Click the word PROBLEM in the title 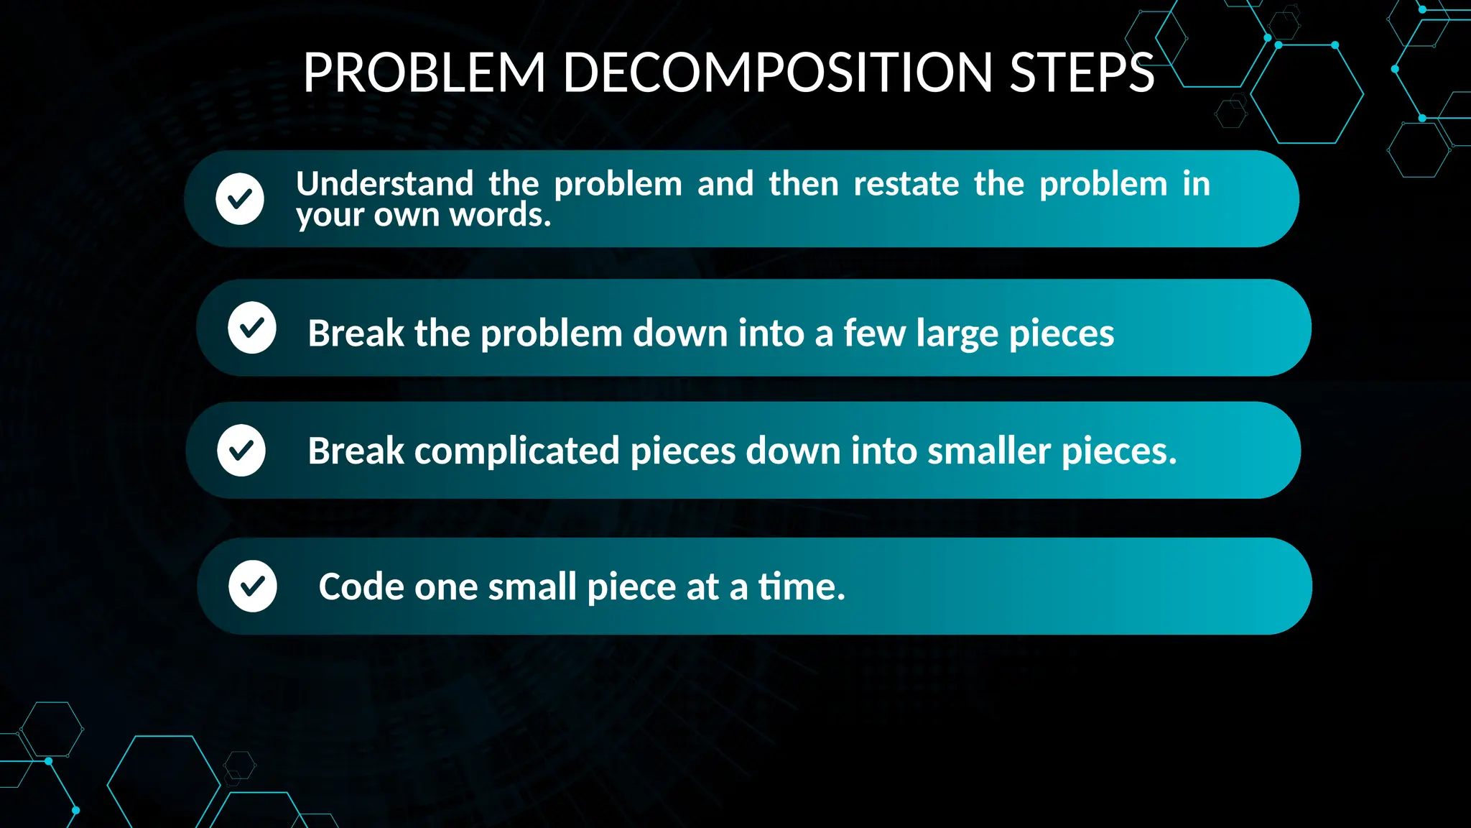click(x=424, y=73)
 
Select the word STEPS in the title click(x=1082, y=73)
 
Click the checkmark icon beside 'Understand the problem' click(x=240, y=198)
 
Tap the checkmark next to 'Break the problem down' click(x=252, y=328)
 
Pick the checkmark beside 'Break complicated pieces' click(x=241, y=450)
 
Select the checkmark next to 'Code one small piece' click(x=253, y=586)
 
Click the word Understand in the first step click(x=385, y=184)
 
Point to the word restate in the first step click(x=906, y=184)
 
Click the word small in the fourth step click(x=532, y=586)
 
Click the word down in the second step click(x=679, y=333)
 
